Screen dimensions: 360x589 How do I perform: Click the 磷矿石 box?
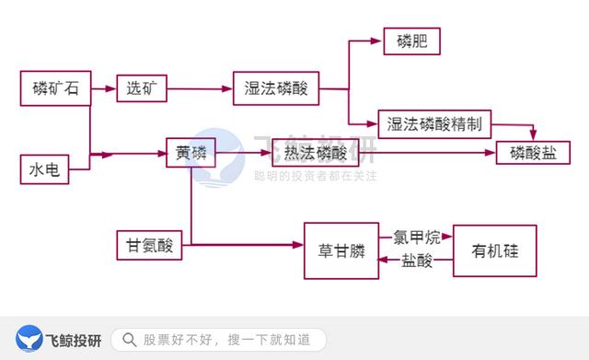point(56,88)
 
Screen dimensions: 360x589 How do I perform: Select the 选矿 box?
point(143,88)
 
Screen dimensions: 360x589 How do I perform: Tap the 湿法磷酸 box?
point(275,88)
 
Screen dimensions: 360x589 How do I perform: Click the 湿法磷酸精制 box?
point(434,123)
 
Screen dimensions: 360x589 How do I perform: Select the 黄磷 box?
point(191,153)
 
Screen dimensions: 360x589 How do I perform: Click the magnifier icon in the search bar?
point(130,340)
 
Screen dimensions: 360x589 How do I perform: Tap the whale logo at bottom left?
point(30,340)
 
